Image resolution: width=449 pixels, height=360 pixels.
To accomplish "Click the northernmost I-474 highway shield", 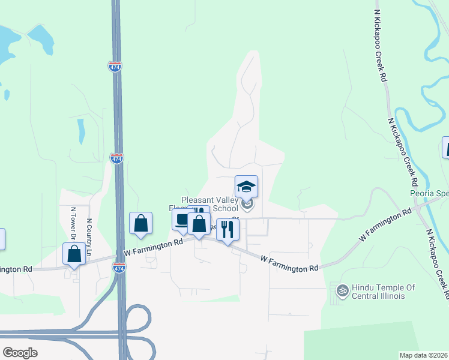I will coord(115,66).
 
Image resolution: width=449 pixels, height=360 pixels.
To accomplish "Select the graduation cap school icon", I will coord(246,186).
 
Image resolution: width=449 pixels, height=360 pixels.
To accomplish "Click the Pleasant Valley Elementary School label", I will coord(210,204).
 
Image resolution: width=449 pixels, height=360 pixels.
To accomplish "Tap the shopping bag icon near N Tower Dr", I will coord(74,253).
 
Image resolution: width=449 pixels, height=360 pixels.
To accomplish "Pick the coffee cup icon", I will coord(181,220).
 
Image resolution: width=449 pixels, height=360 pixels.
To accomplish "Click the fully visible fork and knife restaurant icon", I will coord(228,229).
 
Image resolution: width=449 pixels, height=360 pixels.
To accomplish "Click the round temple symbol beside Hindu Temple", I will coord(343,291).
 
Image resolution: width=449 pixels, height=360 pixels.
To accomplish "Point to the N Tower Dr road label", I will coord(73,223).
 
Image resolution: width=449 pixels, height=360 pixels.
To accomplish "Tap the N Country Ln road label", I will coord(88,238).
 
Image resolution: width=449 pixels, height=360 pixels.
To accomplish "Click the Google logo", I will coord(20,352).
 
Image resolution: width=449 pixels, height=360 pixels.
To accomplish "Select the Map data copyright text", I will coord(423,355).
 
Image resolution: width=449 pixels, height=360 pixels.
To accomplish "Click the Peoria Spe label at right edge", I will coord(429,194).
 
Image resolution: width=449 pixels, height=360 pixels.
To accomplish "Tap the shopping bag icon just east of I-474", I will coord(140,223).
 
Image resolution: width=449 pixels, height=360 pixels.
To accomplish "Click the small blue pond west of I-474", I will coord(81,131).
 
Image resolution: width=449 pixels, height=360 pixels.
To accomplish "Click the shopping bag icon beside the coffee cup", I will coord(199,224).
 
